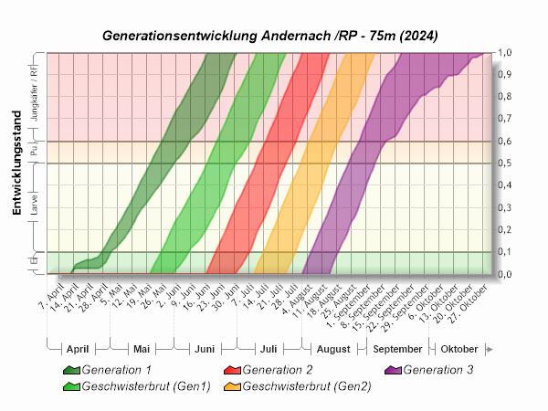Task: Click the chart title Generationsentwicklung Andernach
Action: (270, 37)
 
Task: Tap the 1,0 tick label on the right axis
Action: (503, 53)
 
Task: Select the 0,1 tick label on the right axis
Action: (503, 252)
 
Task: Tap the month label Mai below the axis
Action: (141, 350)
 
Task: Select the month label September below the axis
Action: (397, 350)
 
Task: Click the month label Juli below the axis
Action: (269, 350)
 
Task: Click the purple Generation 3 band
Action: (365, 164)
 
